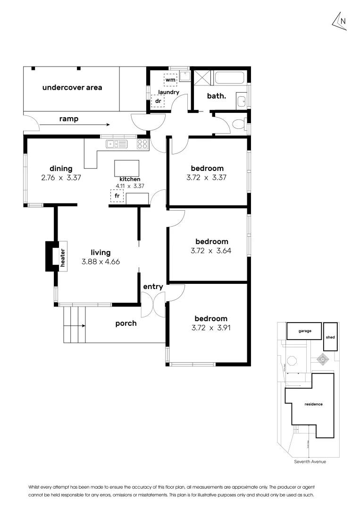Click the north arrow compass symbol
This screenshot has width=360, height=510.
coord(340,21)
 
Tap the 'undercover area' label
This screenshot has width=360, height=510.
coord(72,87)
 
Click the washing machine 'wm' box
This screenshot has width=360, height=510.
coord(170,79)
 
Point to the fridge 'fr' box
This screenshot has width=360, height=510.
coord(117,196)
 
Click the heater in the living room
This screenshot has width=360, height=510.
coord(61,257)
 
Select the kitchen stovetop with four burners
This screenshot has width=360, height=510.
coord(142,144)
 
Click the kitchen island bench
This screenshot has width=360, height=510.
coord(127,168)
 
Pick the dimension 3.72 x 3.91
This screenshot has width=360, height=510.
coord(209,327)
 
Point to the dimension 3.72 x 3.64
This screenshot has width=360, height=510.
coord(209,250)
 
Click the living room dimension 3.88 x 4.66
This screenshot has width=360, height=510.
coord(100,261)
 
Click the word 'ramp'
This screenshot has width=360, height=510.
coord(68,119)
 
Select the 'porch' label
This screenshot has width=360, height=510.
coord(126,323)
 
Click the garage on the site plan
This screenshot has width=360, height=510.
coord(305,331)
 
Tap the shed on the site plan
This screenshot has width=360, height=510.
coord(330,337)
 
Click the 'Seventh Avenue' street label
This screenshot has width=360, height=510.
coord(310,461)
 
